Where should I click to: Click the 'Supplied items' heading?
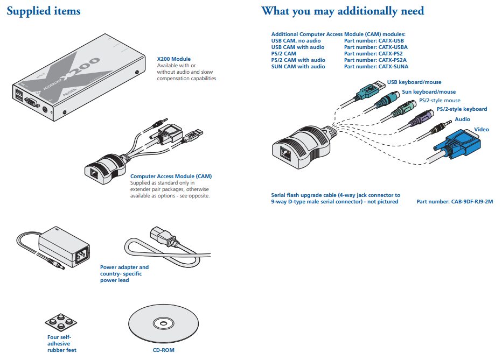tap(44, 11)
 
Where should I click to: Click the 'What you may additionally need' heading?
tap(343, 11)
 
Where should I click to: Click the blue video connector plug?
tap(456, 146)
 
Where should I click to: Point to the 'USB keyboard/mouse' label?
tap(414, 82)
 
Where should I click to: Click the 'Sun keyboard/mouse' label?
tap(429, 92)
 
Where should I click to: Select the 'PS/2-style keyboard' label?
tap(462, 109)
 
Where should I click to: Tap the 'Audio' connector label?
tap(462, 119)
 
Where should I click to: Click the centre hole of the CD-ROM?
tap(160, 323)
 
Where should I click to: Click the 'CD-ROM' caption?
tap(160, 350)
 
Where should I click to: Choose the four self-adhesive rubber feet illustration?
tap(60, 322)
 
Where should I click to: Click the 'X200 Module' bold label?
tap(173, 59)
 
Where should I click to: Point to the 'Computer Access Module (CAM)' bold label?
tap(171, 177)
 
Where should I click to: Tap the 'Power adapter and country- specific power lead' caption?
tap(124, 273)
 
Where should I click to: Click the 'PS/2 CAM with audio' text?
tap(298, 60)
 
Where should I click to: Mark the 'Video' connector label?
tap(481, 130)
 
